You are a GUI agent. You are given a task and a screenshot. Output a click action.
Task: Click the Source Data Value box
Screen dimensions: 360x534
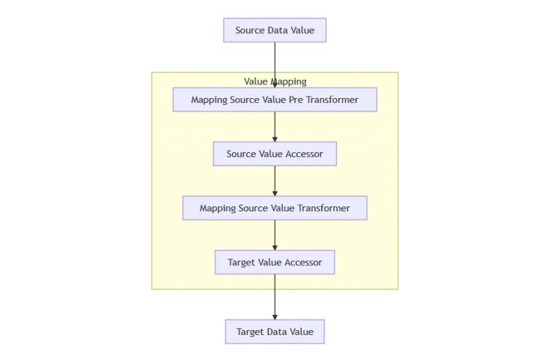275,31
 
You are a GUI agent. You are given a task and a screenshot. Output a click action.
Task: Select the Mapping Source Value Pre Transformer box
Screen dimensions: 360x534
275,99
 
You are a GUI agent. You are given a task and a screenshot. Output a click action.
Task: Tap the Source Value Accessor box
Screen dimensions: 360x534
275,154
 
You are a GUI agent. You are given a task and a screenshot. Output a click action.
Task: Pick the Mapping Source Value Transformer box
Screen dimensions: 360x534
275,208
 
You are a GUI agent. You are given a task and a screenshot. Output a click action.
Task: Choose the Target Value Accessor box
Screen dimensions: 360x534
275,262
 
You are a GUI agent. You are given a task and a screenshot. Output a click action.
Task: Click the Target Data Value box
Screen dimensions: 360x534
275,332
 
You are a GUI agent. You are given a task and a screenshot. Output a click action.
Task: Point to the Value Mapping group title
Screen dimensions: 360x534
275,81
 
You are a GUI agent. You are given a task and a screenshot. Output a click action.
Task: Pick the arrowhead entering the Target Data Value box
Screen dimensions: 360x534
275,316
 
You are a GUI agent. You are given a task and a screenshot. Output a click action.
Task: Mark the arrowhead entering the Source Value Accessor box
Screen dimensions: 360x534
275,139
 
